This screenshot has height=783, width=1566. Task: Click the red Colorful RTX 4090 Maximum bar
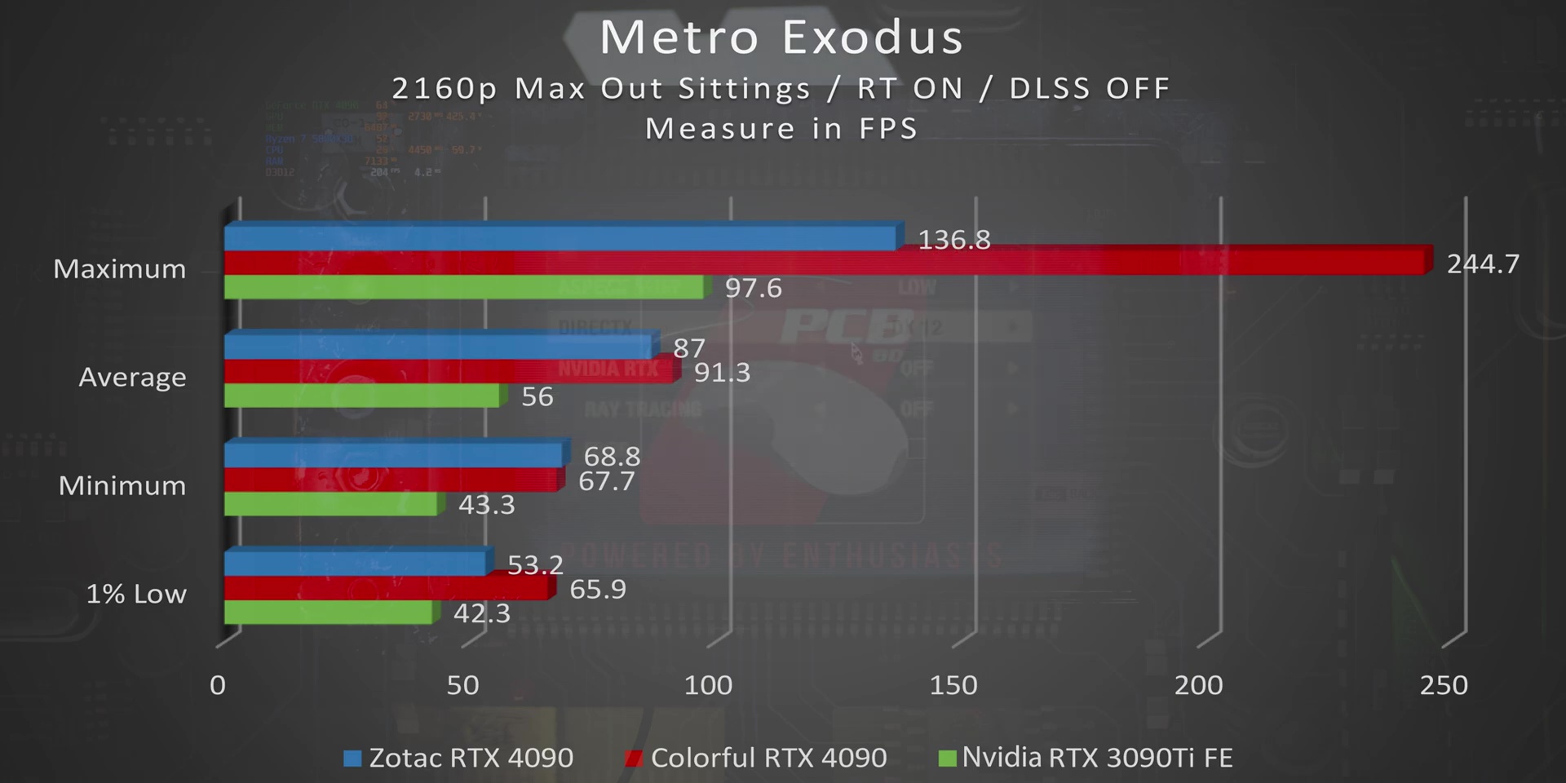[824, 263]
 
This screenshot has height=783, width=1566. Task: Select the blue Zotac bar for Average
[439, 347]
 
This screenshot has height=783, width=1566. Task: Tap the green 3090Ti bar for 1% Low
[328, 613]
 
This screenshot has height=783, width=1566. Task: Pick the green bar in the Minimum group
[330, 504]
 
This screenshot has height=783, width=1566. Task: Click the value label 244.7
[1483, 264]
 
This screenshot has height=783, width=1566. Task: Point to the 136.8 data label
[953, 240]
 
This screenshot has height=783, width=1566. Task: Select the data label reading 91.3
[722, 373]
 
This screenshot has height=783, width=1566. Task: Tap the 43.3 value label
[486, 505]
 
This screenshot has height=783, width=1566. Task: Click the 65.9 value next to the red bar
[597, 589]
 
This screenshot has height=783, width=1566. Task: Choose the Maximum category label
[120, 269]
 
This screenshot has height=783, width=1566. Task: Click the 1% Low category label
[136, 594]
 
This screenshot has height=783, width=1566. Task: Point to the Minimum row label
[122, 486]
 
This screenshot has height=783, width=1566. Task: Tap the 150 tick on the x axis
[953, 685]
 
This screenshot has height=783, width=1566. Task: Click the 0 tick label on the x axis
[217, 685]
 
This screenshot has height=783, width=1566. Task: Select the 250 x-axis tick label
[1443, 685]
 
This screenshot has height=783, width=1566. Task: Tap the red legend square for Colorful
[632, 759]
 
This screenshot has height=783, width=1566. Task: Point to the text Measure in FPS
[781, 129]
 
